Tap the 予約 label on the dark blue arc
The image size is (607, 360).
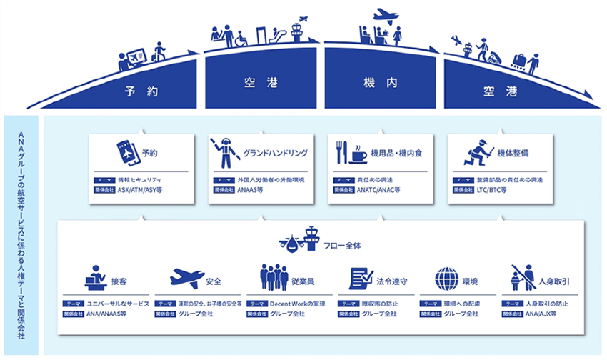click(x=140, y=91)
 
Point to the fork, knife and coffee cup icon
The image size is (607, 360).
click(x=351, y=153)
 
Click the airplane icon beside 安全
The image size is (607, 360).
click(x=187, y=278)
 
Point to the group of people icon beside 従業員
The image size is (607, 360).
click(x=273, y=278)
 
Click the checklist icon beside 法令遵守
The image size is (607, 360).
click(x=361, y=278)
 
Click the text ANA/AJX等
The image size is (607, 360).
click(x=546, y=314)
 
